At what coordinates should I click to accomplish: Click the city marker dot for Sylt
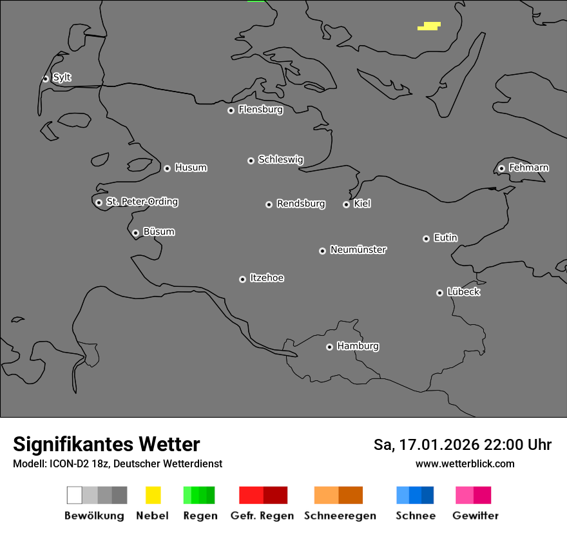[x=46, y=79]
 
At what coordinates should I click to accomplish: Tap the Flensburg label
[x=260, y=110]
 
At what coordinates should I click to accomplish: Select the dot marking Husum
[x=167, y=168]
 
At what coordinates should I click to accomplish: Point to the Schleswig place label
[x=280, y=159]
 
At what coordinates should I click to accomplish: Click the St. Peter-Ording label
[x=142, y=202]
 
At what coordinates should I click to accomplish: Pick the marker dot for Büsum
[x=135, y=233]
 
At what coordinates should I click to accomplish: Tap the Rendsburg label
[x=301, y=204]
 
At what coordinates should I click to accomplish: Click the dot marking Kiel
[x=346, y=204]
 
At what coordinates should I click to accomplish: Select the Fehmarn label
[x=528, y=168]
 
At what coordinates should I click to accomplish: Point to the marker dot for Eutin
[x=426, y=238]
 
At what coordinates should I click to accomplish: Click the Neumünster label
[x=358, y=249]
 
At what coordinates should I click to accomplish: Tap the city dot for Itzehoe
[x=242, y=279]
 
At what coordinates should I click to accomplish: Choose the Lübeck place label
[x=463, y=292]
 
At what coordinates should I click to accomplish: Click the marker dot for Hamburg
[x=329, y=347]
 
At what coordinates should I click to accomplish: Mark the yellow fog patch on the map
[x=430, y=26]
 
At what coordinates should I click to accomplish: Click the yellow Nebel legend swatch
[x=153, y=495]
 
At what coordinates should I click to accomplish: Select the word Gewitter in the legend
[x=476, y=516]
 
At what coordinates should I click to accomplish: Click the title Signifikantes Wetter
[x=106, y=444]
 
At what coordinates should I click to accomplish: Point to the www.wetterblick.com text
[x=465, y=463]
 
